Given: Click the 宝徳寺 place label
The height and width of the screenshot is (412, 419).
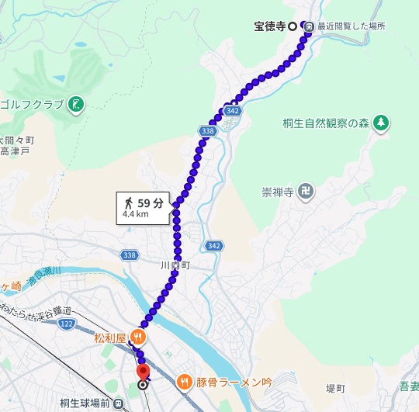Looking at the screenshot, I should coord(270,26).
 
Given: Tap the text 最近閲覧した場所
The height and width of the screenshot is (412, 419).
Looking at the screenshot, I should coord(350,26).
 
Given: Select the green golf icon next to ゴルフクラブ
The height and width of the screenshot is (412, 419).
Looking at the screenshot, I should coord(76,105).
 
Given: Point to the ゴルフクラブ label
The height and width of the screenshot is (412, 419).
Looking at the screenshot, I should coord(33,105).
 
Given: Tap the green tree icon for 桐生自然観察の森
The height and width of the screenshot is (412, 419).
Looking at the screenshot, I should coord(380,123).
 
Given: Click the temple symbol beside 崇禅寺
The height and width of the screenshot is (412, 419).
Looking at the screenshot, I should coord(307,189).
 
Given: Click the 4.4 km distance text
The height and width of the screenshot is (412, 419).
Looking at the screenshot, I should coord(135,216).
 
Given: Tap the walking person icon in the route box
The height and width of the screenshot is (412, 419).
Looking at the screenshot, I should coord(127,203).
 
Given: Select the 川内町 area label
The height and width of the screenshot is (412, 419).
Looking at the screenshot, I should coord(175,265).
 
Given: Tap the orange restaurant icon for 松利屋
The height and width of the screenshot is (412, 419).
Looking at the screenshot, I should coord(137,337).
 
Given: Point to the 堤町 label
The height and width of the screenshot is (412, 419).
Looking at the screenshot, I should coord(334,388).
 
